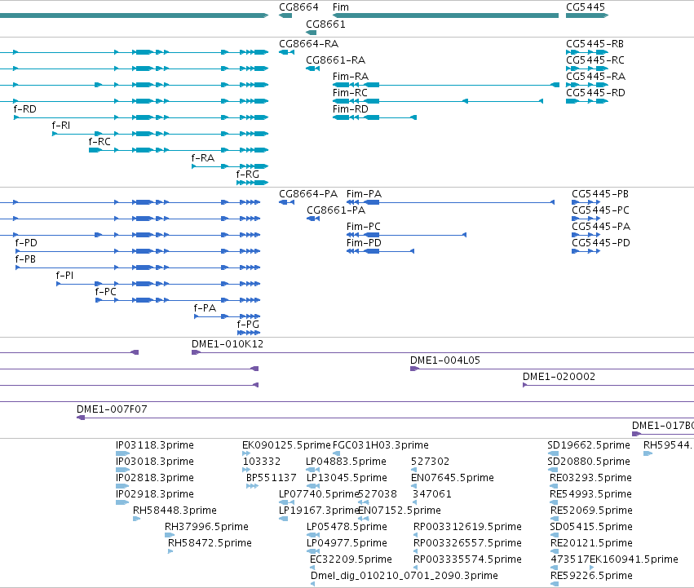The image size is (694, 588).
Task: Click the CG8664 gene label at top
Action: coord(298,7)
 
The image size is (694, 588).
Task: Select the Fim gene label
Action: coord(341,7)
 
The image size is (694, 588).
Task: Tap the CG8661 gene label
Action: coord(325,24)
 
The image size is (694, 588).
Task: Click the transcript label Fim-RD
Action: coord(351,109)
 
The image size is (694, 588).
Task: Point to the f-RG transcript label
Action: coord(248,174)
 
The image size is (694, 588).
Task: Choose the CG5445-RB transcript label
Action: coord(595,44)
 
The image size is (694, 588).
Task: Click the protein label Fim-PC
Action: coord(364,226)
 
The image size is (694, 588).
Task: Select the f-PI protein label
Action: coord(64,276)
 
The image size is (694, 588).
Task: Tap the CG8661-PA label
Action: coord(336,210)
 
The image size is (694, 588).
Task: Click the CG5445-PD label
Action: coord(601,243)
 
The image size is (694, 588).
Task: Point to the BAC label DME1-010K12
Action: coord(228,343)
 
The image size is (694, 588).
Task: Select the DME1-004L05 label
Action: coord(445,360)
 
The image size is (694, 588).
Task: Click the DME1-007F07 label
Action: coord(112,409)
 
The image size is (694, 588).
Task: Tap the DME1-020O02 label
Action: coord(559,376)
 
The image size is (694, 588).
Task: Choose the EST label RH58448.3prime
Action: coord(175,510)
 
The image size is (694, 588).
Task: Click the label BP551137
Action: coord(272,477)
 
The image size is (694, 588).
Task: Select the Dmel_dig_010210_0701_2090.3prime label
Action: coord(404,575)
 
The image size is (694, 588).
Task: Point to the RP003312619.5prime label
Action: coord(467,527)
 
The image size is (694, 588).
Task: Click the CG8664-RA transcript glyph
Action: coord(286,52)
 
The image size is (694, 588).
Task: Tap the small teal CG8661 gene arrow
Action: coord(312,33)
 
